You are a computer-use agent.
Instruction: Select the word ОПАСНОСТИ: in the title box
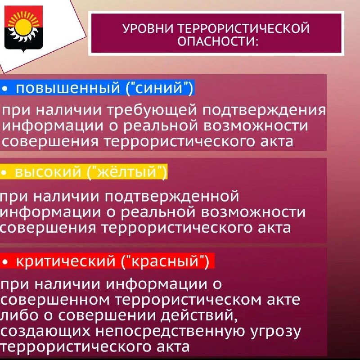[x=218, y=41]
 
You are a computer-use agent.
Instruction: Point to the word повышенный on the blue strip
[x=68, y=88]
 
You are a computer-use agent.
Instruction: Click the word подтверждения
[x=264, y=110]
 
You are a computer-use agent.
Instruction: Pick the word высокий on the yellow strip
[x=48, y=172]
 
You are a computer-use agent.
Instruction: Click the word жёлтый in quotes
[x=127, y=171]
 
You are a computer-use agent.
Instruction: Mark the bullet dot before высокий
[x=4, y=172]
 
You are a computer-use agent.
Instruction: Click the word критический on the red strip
[x=65, y=261]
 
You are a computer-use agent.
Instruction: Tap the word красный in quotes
[x=165, y=261]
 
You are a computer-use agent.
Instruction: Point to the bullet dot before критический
[x=5, y=261]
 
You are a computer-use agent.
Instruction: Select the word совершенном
[x=55, y=300]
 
